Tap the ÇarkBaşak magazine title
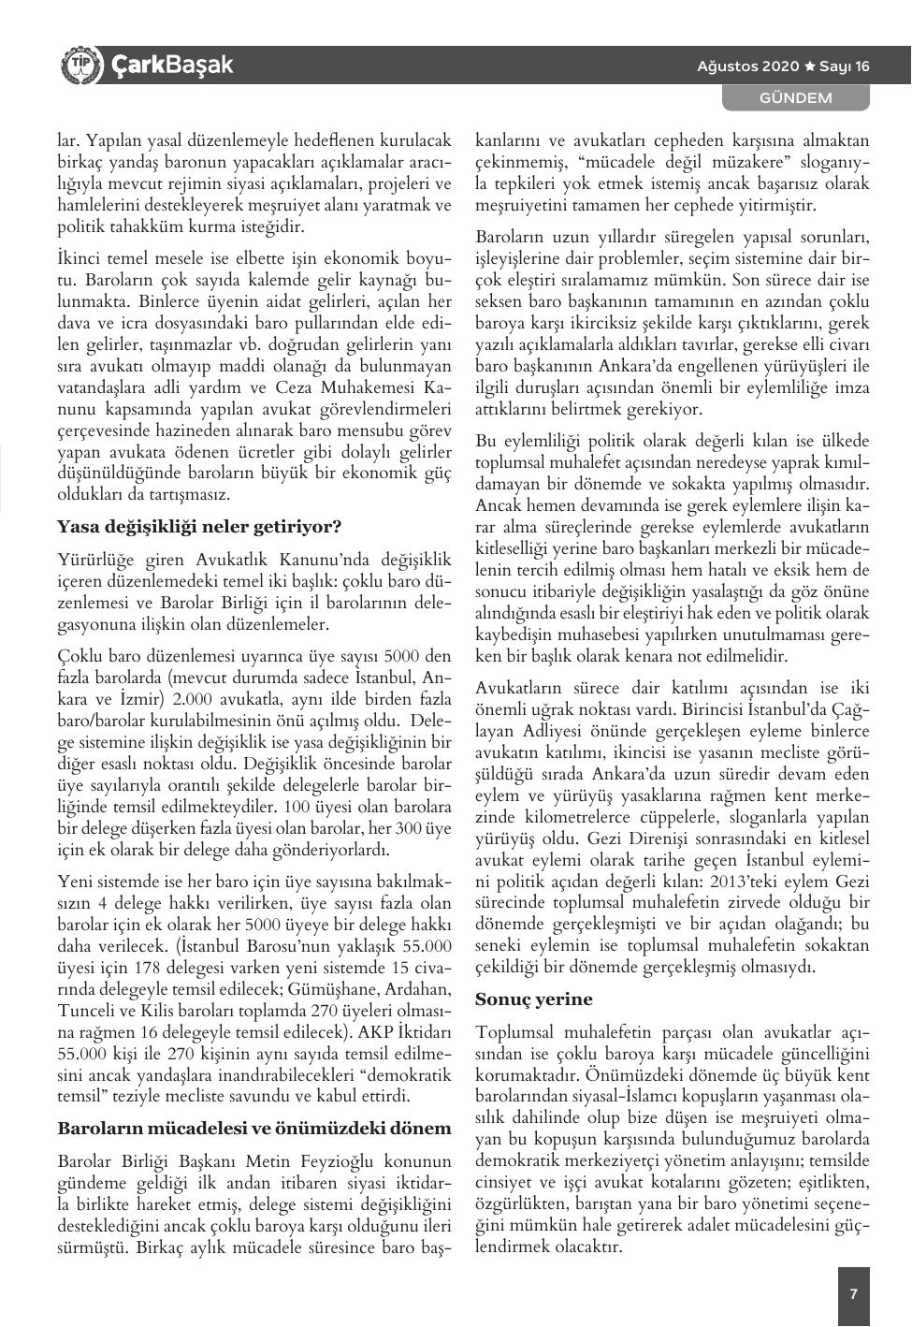pyautogui.click(x=171, y=65)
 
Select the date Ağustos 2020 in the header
pyautogui.click(x=748, y=66)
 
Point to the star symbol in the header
pyautogui.click(x=810, y=66)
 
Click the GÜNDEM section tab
pyautogui.click(x=795, y=97)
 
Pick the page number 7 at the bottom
pyautogui.click(x=853, y=1294)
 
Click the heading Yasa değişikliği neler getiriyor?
pyautogui.click(x=199, y=526)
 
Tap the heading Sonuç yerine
pyautogui.click(x=534, y=999)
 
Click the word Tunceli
pyautogui.click(x=88, y=1012)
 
